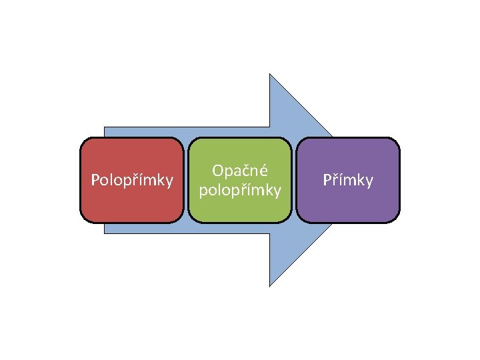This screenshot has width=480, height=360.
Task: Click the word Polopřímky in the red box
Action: click(x=132, y=180)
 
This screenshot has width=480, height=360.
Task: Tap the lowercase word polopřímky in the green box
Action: click(x=240, y=191)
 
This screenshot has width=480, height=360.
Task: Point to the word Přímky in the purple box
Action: click(x=348, y=180)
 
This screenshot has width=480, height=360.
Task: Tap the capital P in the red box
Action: click(x=95, y=180)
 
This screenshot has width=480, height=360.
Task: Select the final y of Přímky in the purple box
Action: click(x=369, y=182)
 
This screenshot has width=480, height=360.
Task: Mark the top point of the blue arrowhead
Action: click(x=269, y=75)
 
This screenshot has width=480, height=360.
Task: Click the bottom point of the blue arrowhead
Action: click(x=269, y=285)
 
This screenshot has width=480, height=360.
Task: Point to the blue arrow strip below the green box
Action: click(x=240, y=228)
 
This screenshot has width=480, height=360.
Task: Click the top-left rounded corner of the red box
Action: click(x=83, y=141)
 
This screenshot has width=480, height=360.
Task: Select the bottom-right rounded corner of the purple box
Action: click(x=396, y=218)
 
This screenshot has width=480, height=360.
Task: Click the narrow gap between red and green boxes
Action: click(x=186, y=180)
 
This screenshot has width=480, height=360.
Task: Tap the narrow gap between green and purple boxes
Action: click(x=294, y=180)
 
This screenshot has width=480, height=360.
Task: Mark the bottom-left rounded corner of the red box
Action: click(x=83, y=218)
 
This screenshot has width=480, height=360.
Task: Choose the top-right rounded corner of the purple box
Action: click(x=396, y=141)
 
